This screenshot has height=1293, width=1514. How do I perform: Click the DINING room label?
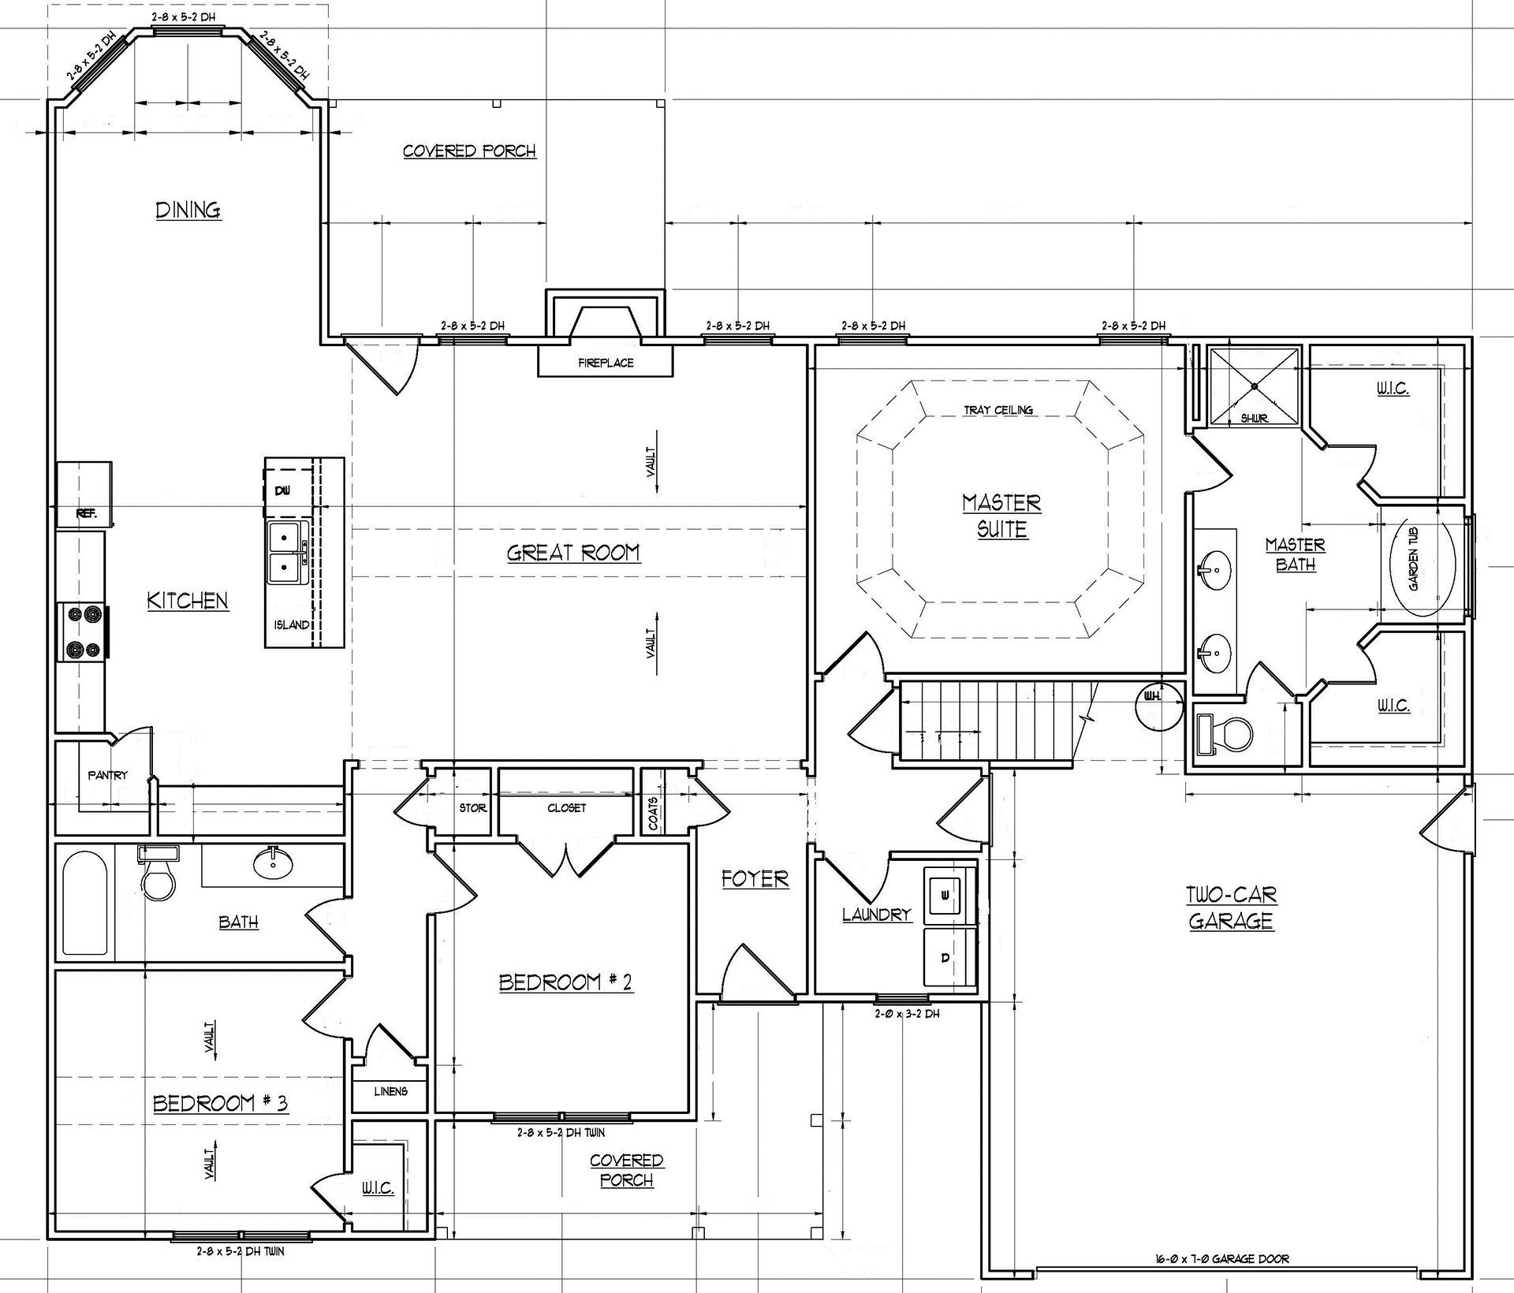tap(188, 210)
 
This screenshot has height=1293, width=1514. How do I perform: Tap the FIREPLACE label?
tap(606, 363)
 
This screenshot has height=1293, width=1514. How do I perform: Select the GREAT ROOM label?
tap(573, 553)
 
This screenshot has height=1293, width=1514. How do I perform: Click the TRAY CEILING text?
tap(998, 410)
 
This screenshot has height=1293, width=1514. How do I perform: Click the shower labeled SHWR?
tap(1254, 386)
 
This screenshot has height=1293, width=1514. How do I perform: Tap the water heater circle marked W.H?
tap(1159, 704)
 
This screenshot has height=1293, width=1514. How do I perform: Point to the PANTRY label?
tap(107, 775)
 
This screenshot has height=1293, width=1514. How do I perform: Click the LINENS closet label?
tap(391, 1091)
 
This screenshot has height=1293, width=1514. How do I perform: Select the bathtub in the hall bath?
tap(85, 904)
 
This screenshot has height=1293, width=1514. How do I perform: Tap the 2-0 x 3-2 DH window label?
tap(906, 1014)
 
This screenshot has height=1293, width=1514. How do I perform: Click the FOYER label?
tap(755, 879)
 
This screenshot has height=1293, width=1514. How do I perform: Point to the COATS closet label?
tap(653, 810)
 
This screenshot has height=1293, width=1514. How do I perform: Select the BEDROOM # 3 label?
tap(221, 1103)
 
